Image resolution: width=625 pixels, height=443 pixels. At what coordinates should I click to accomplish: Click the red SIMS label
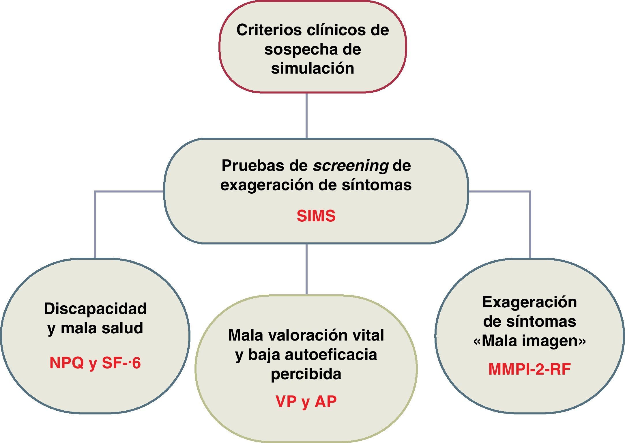[316, 216]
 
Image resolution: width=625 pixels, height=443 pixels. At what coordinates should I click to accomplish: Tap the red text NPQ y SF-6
[95, 363]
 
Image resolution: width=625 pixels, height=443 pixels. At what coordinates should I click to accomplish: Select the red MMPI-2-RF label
[529, 369]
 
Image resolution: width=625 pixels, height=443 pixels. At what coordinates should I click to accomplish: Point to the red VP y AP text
[306, 401]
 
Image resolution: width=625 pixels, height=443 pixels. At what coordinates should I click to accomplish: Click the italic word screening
[351, 166]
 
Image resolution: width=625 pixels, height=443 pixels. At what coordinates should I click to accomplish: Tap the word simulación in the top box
[312, 68]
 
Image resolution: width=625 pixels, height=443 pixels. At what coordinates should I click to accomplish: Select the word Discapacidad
[95, 309]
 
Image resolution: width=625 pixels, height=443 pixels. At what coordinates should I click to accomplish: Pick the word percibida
[306, 374]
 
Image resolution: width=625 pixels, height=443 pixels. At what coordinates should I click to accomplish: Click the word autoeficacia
[331, 355]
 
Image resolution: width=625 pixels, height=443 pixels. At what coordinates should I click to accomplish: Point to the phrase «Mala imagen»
[529, 341]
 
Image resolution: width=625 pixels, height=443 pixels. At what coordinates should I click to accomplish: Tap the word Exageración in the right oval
[529, 302]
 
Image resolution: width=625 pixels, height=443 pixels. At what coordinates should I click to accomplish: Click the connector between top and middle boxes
[306, 115]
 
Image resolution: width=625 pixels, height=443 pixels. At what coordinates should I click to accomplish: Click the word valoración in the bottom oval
[306, 335]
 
